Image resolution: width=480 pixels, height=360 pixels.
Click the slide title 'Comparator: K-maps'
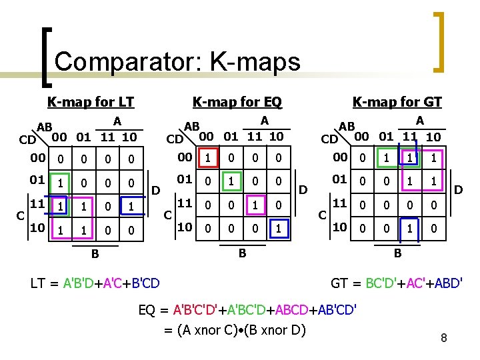point(177,62)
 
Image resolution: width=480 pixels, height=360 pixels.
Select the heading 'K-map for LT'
point(90,102)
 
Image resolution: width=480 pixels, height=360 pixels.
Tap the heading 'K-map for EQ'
point(237,102)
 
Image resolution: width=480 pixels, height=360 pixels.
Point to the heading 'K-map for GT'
point(397,102)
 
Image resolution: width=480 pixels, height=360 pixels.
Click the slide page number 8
point(443,339)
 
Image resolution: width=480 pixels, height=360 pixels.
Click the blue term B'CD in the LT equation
point(142,283)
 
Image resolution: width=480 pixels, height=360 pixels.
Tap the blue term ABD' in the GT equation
point(445,283)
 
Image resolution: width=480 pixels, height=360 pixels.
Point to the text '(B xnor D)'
point(273,329)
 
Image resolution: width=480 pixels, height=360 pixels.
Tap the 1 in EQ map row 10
point(278,228)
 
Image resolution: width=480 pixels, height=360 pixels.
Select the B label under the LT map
point(95,254)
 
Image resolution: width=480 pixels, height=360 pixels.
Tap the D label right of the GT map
point(458,191)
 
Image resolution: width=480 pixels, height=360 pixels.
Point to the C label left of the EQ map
point(168,215)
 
